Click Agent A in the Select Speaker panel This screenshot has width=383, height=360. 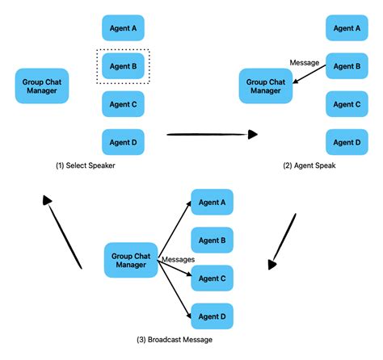pos(123,28)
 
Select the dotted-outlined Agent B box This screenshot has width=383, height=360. pos(123,66)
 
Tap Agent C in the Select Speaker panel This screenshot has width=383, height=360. pos(123,104)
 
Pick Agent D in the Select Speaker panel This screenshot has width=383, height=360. pos(123,142)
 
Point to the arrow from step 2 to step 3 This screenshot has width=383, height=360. pos(279,241)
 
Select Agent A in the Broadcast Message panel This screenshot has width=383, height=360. pos(212,203)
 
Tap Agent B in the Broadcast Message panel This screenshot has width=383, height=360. pos(212,241)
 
